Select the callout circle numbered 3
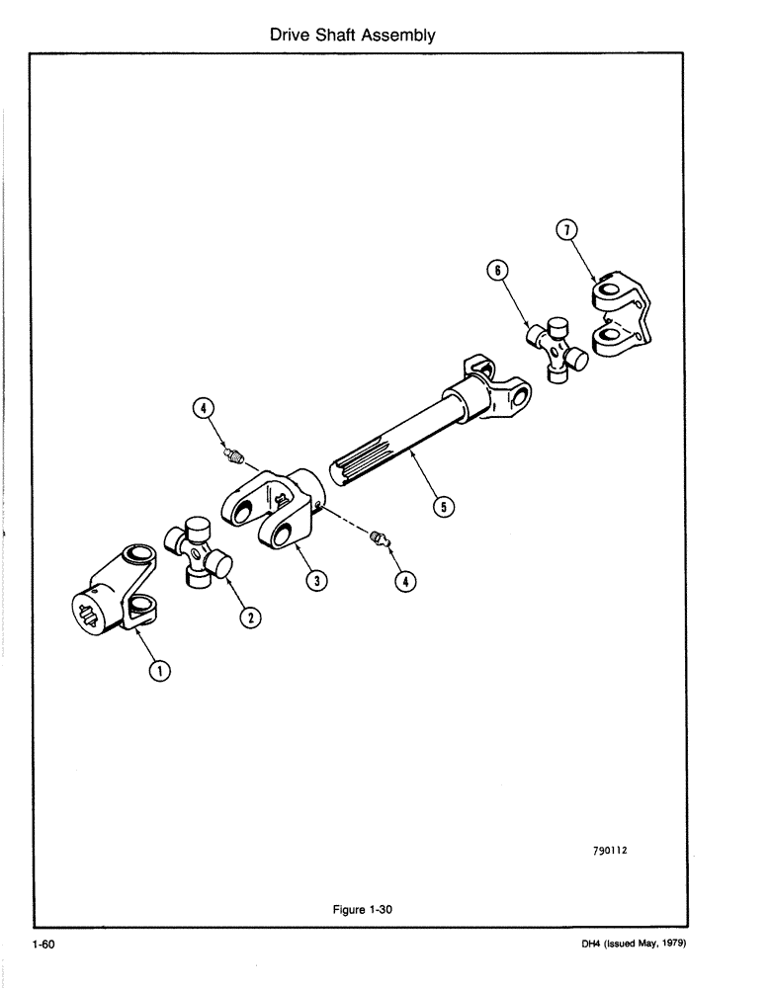(x=315, y=581)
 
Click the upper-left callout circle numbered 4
(x=203, y=407)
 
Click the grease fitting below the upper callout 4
(x=232, y=454)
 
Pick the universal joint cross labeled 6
(x=557, y=348)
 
